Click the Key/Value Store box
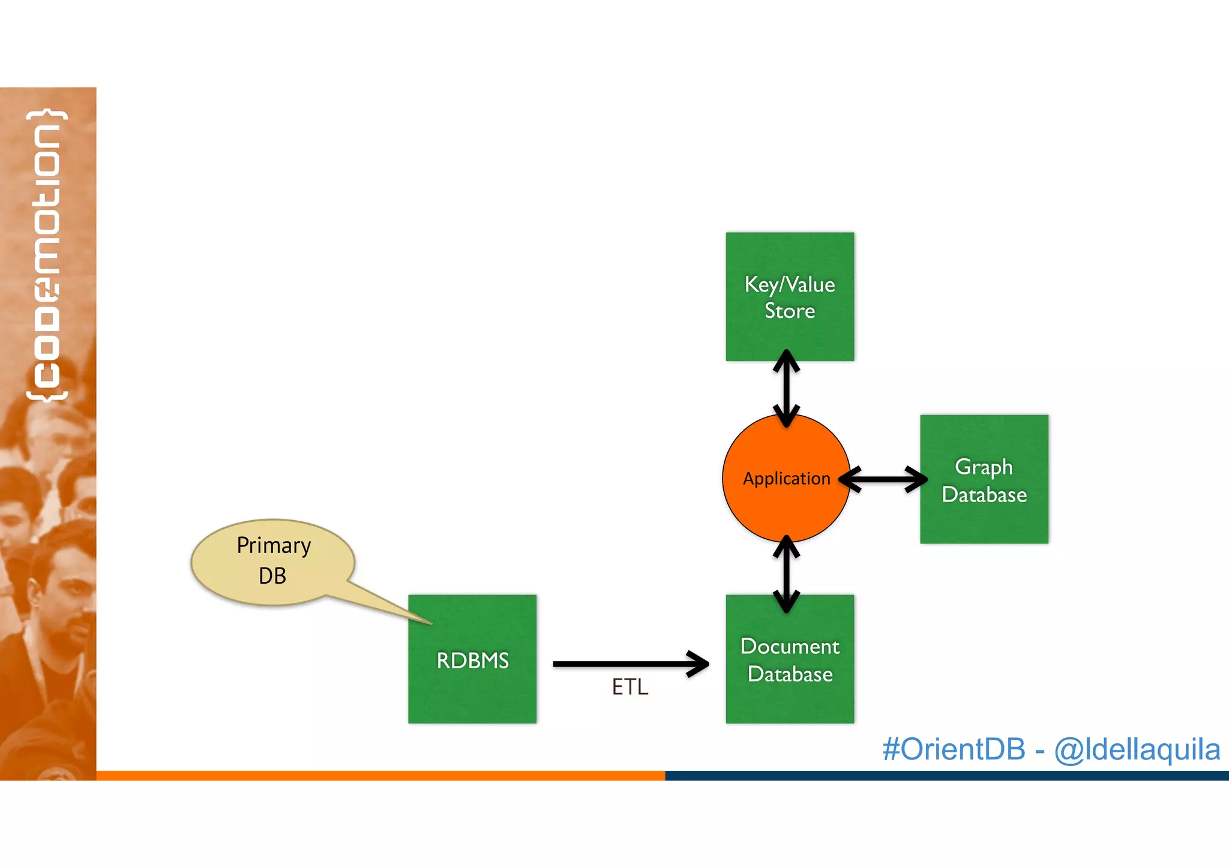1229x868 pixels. point(790,296)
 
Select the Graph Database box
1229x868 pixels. point(984,479)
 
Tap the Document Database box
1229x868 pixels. point(790,659)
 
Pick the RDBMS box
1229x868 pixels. point(472,659)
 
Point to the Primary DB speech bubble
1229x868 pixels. point(273,561)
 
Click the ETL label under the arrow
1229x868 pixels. point(630,687)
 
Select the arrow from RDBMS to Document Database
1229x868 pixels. point(630,664)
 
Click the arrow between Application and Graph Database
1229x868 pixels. point(883,479)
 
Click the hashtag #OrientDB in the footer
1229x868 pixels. point(954,749)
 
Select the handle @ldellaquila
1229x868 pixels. point(1137,749)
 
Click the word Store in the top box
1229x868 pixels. point(790,311)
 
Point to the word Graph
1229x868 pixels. point(984,467)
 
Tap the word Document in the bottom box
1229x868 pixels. point(790,646)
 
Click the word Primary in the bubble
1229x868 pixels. point(274,545)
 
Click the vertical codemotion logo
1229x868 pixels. point(47,255)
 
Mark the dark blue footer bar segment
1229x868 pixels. point(946,776)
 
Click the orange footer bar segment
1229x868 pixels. point(380,776)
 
